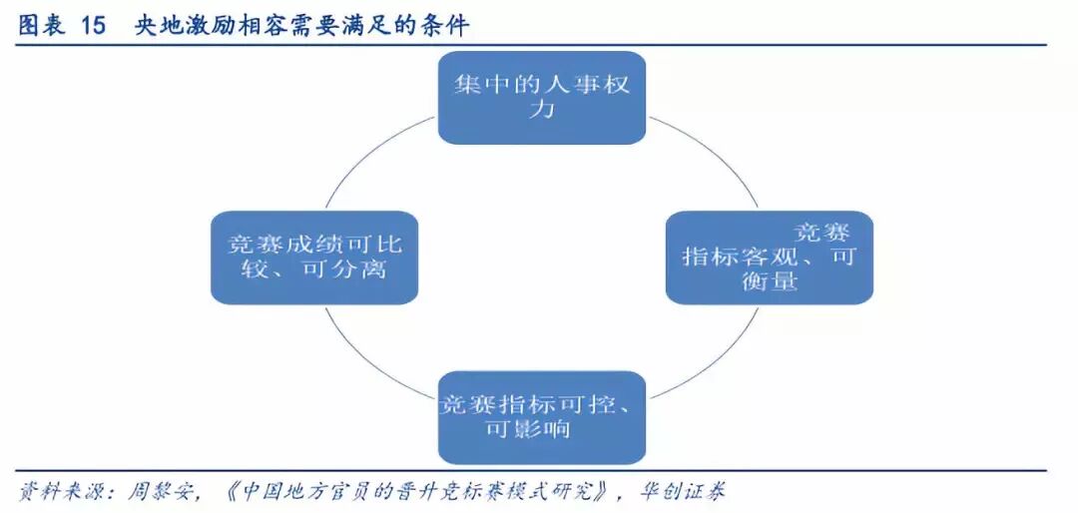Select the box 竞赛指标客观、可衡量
769,256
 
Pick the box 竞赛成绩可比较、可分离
313,256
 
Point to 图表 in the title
41,26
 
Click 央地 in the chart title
159,26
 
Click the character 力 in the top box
542,110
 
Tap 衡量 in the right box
770,281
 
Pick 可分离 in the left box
341,269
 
